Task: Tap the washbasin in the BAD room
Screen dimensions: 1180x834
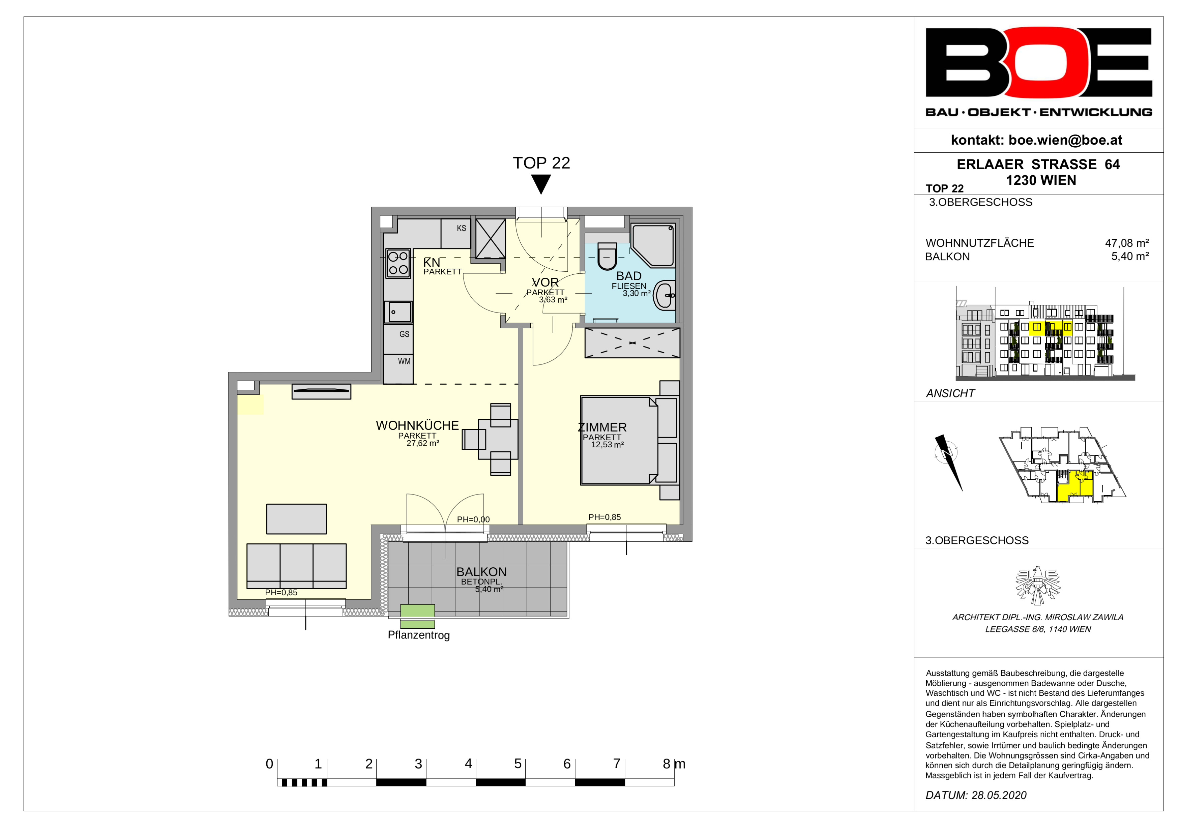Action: point(665,295)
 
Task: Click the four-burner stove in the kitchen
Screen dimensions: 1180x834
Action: point(398,263)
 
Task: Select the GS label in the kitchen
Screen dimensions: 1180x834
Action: point(405,334)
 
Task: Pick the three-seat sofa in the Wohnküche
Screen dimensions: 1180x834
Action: point(297,566)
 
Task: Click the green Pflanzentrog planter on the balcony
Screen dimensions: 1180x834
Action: point(418,616)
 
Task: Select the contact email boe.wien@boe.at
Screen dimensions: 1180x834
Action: point(1065,140)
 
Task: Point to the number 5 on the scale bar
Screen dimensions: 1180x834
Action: point(518,764)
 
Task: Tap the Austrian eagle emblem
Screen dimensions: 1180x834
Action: point(1038,586)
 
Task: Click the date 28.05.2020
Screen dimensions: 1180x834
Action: point(999,796)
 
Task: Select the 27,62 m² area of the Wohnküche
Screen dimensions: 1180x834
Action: point(423,443)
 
